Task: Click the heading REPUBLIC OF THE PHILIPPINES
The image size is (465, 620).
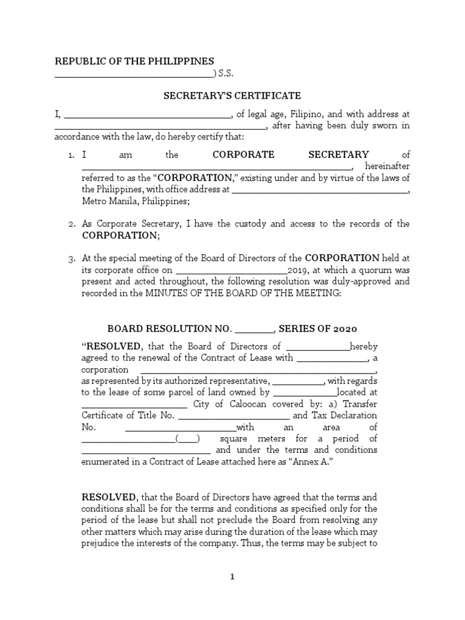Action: pyautogui.click(x=134, y=61)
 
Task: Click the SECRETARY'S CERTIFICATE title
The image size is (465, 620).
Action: pyautogui.click(x=232, y=96)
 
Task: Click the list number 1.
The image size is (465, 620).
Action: pyautogui.click(x=71, y=155)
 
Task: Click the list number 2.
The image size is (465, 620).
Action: pyautogui.click(x=71, y=224)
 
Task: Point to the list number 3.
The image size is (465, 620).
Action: pyautogui.click(x=71, y=259)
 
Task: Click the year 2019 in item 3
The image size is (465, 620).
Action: pyautogui.click(x=297, y=270)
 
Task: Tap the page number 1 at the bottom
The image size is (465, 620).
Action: pyautogui.click(x=232, y=577)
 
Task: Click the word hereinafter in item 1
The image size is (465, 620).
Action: pyautogui.click(x=388, y=167)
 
